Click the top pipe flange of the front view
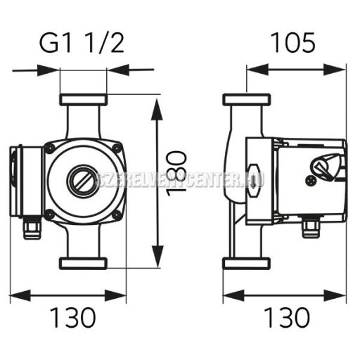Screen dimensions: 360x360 coord(83,99)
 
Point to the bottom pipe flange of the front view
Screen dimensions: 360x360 coord(83,264)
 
